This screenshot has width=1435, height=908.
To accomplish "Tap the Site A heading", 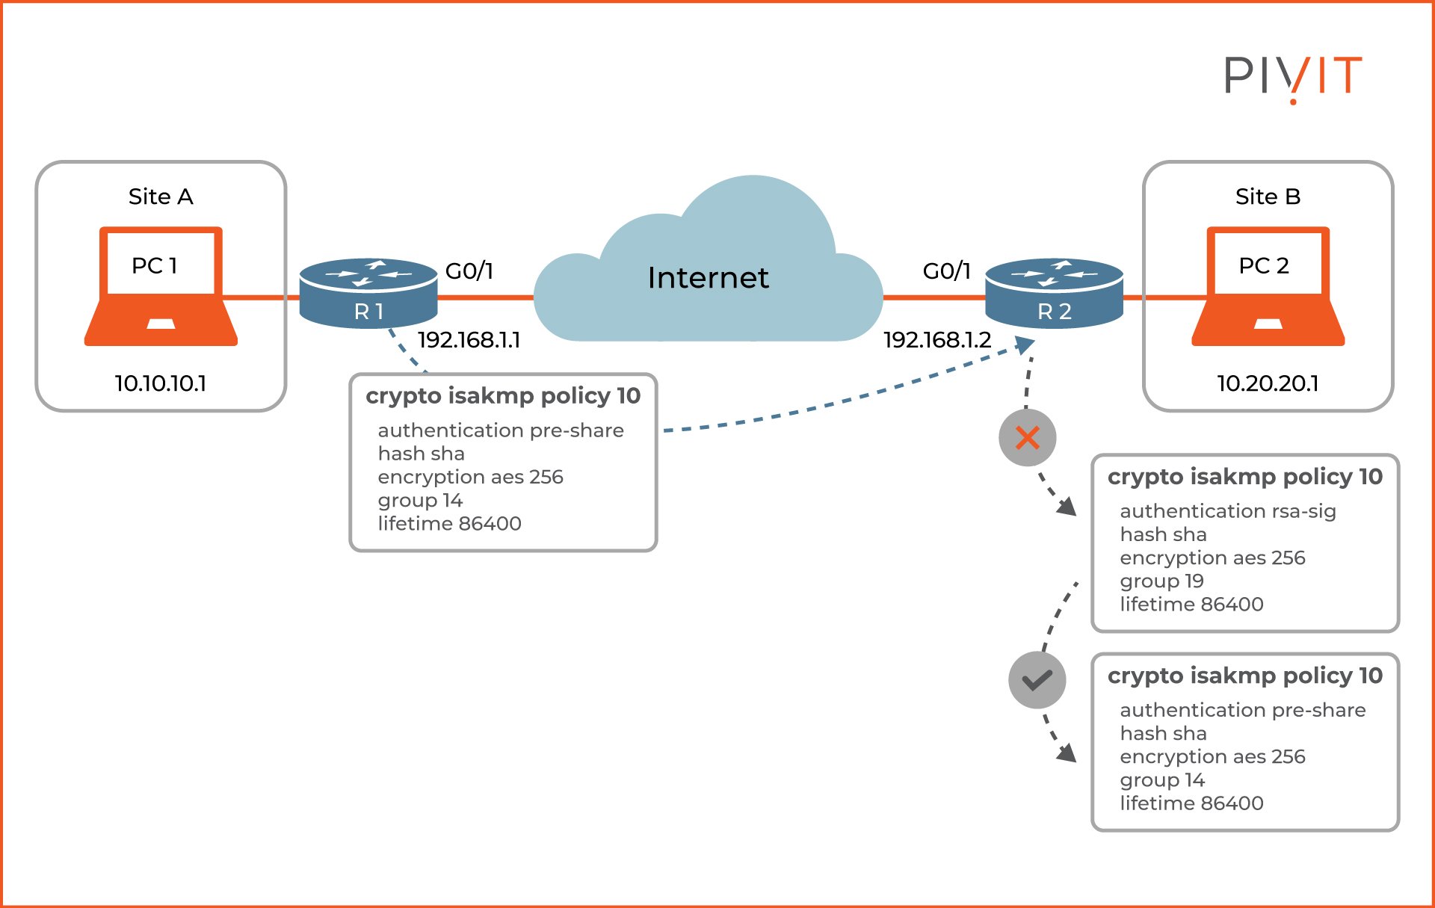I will coord(161,197).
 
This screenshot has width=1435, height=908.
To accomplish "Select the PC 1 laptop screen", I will coord(160,264).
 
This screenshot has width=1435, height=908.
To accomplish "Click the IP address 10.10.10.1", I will coord(160,383).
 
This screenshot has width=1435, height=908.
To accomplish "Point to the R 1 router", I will coord(368,294).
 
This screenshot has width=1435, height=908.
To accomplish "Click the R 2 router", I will coord(1054,294).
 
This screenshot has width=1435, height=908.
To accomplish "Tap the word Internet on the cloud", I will coord(707,278).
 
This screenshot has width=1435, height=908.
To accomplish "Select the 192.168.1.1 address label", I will coord(469,340).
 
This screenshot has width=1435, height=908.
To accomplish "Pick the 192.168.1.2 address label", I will coord(936,340).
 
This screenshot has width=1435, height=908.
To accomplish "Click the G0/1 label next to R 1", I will coord(469,271).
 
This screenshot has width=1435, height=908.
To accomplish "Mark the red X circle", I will coord(1027,438).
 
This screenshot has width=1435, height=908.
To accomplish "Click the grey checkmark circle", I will coord(1037,680).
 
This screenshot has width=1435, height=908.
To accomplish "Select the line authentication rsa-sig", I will coord(1227,511).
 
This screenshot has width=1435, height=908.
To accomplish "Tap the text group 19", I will coord(1161,581).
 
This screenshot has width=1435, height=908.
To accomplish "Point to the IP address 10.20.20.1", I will coord(1268,383).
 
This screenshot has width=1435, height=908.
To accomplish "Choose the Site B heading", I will coord(1268,197).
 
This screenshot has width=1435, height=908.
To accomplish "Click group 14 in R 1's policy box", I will coord(420,500).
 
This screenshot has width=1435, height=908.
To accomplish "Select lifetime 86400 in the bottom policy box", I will coord(1191,803).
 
